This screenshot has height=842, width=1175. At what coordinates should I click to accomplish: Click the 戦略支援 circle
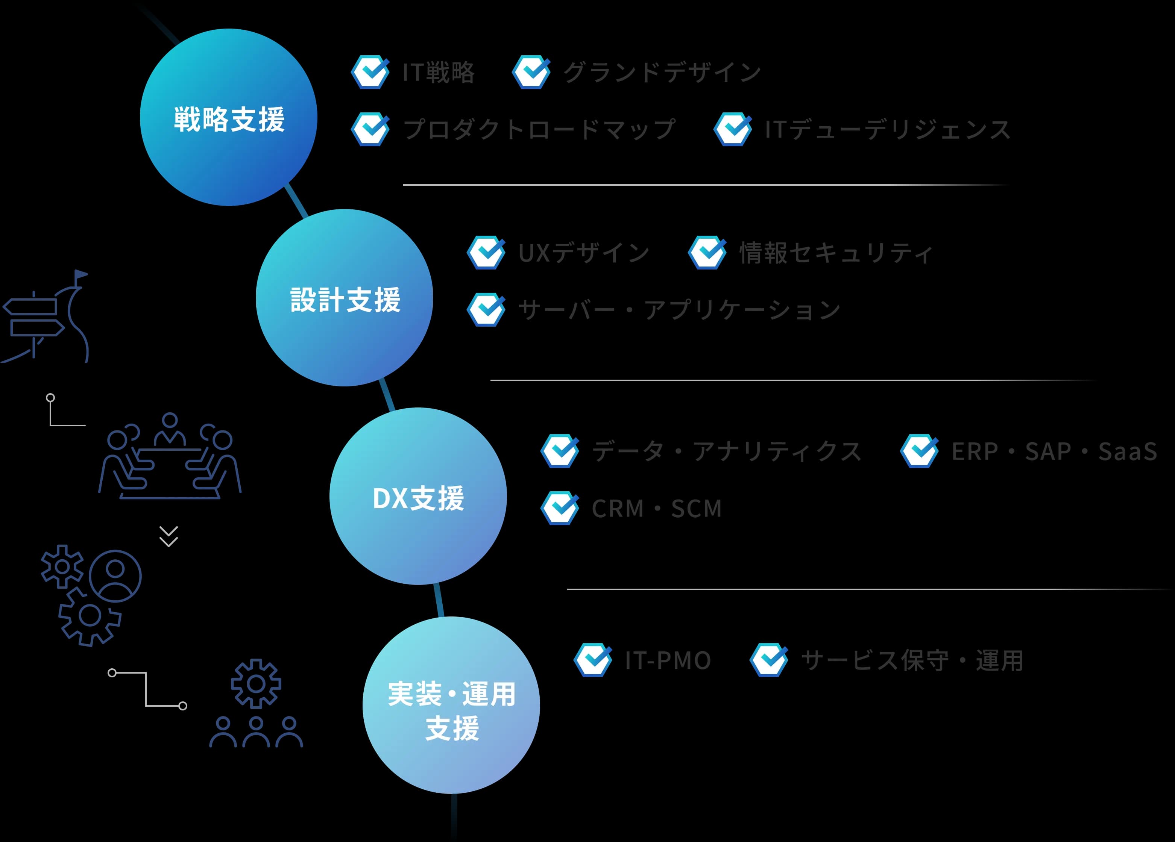click(228, 118)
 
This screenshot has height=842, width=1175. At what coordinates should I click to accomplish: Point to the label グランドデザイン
click(662, 72)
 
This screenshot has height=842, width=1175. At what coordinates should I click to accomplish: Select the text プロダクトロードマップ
click(539, 129)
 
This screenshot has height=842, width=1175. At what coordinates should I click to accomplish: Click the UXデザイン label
click(584, 253)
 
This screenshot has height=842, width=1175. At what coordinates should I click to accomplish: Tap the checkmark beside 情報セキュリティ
click(707, 253)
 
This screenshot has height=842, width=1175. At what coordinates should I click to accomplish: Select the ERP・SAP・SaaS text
click(1054, 451)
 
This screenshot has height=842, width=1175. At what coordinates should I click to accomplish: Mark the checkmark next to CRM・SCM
click(560, 508)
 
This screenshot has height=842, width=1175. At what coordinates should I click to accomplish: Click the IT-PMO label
click(668, 660)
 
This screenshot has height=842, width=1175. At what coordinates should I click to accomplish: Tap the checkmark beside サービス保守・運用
click(769, 660)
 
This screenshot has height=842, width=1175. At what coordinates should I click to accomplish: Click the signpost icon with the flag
click(46, 317)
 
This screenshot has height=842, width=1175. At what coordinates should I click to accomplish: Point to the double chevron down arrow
click(169, 536)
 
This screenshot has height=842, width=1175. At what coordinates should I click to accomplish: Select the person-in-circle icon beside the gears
click(115, 576)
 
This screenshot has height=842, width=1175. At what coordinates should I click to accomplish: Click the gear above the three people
click(256, 683)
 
